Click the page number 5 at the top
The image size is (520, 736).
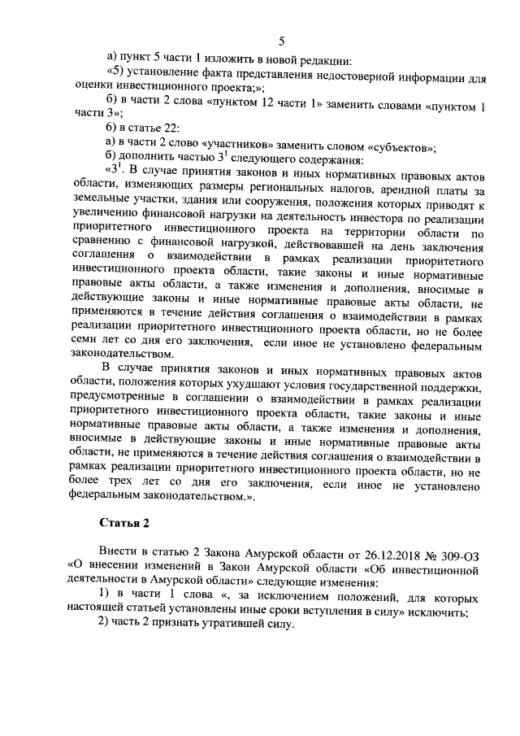pyautogui.click(x=281, y=41)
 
